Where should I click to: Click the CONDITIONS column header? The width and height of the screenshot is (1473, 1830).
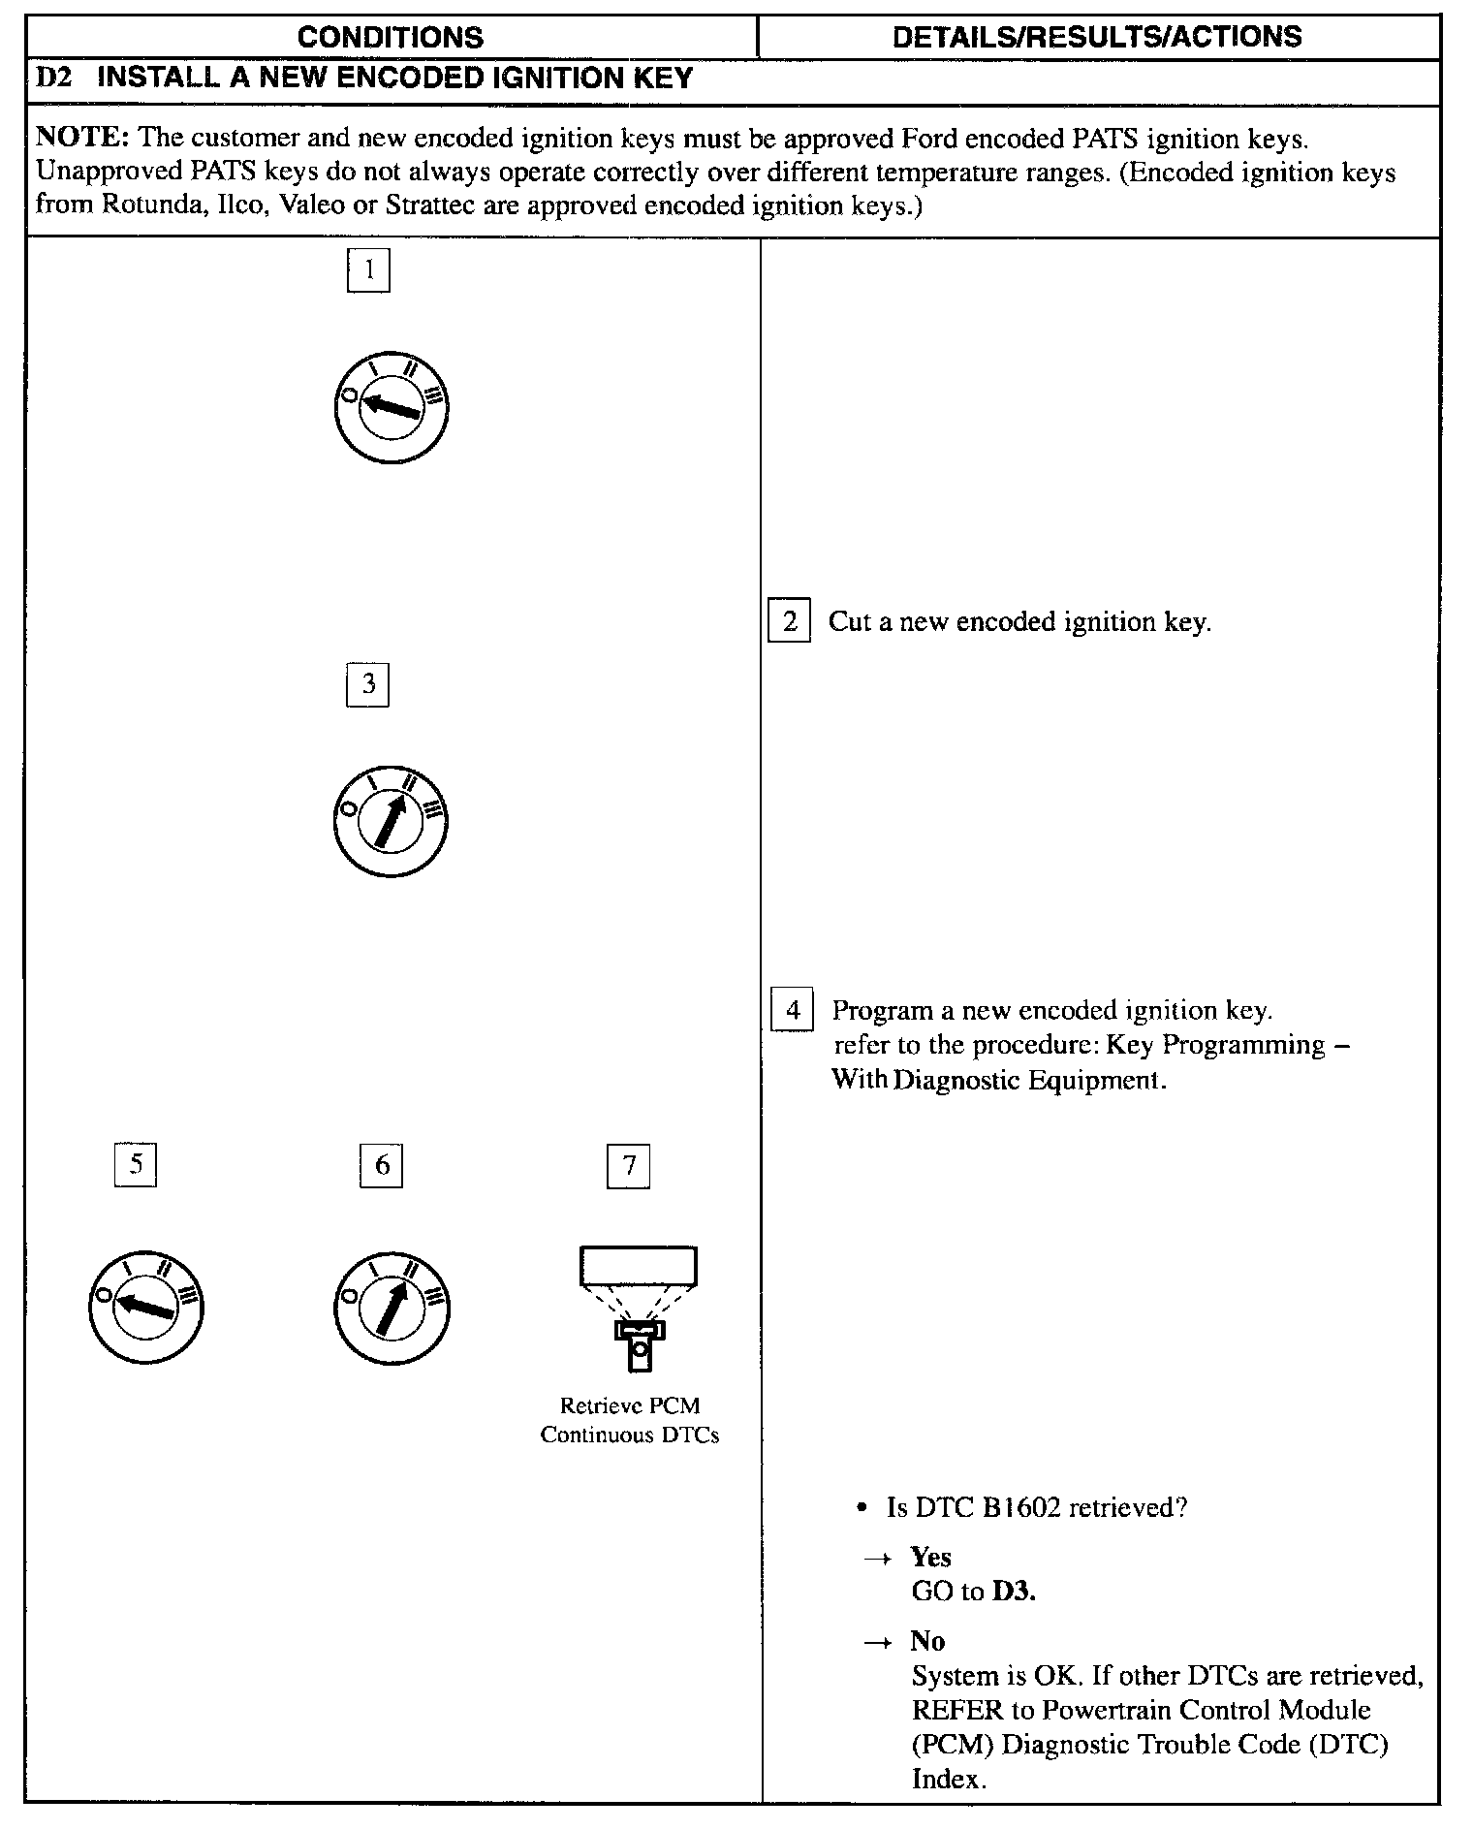[390, 37]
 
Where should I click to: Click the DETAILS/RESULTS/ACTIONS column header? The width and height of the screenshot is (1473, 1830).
[1097, 37]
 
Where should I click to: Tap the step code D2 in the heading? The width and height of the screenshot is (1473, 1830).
[54, 79]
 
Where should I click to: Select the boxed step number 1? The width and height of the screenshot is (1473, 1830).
[368, 270]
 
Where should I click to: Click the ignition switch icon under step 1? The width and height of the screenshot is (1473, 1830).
[390, 407]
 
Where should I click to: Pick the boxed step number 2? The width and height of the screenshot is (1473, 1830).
[790, 621]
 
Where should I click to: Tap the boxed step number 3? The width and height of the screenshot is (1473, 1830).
[368, 685]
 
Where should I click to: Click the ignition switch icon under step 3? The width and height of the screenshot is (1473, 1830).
[390, 821]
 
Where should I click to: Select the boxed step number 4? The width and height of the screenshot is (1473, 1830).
[793, 1010]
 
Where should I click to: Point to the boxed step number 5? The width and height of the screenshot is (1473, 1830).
[136, 1164]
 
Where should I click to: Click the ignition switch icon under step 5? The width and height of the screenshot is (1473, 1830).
[145, 1307]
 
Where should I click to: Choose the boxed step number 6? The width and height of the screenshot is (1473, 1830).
[382, 1165]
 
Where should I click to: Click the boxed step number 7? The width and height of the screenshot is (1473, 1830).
[629, 1165]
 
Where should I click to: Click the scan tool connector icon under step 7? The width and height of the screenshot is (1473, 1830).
[638, 1308]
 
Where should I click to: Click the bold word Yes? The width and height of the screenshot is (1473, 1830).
[930, 1558]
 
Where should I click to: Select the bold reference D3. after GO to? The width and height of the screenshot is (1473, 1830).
[1014, 1592]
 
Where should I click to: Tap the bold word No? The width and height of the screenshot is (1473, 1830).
[927, 1641]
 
